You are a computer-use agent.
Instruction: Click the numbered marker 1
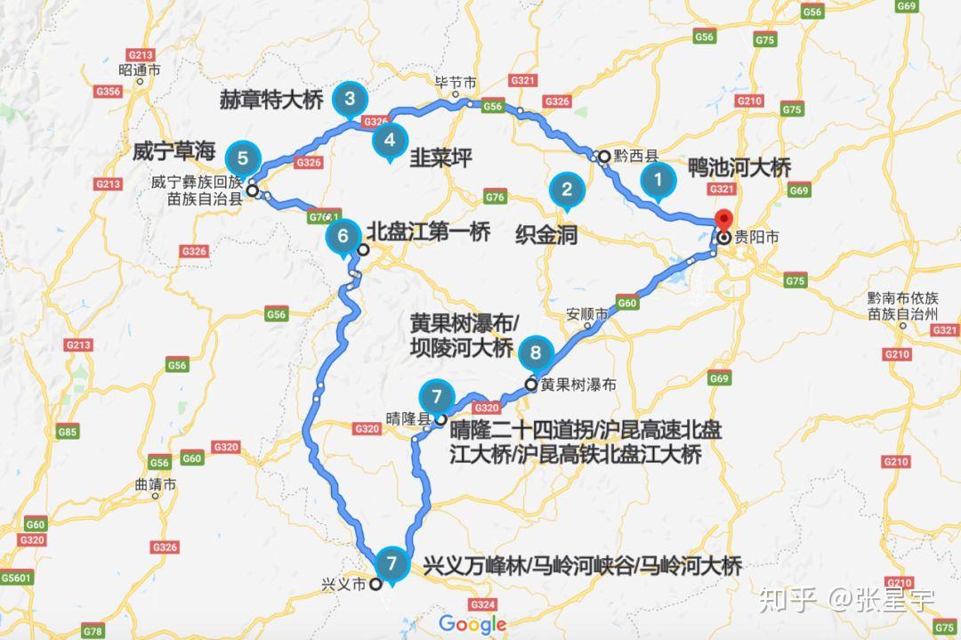pos(658,180)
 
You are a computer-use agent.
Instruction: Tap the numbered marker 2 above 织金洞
pos(566,189)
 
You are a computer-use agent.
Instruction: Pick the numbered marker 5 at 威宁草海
pos(243,160)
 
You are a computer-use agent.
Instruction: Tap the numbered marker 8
pos(535,352)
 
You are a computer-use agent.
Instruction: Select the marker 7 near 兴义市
pos(392,563)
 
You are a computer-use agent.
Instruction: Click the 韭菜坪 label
pos(440,158)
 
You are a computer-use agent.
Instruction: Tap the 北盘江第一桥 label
pos(428,232)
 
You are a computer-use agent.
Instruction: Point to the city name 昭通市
pos(139,69)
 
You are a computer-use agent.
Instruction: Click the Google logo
pos(472,624)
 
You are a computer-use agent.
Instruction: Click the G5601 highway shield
pos(17,578)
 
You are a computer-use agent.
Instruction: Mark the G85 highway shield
pos(68,432)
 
